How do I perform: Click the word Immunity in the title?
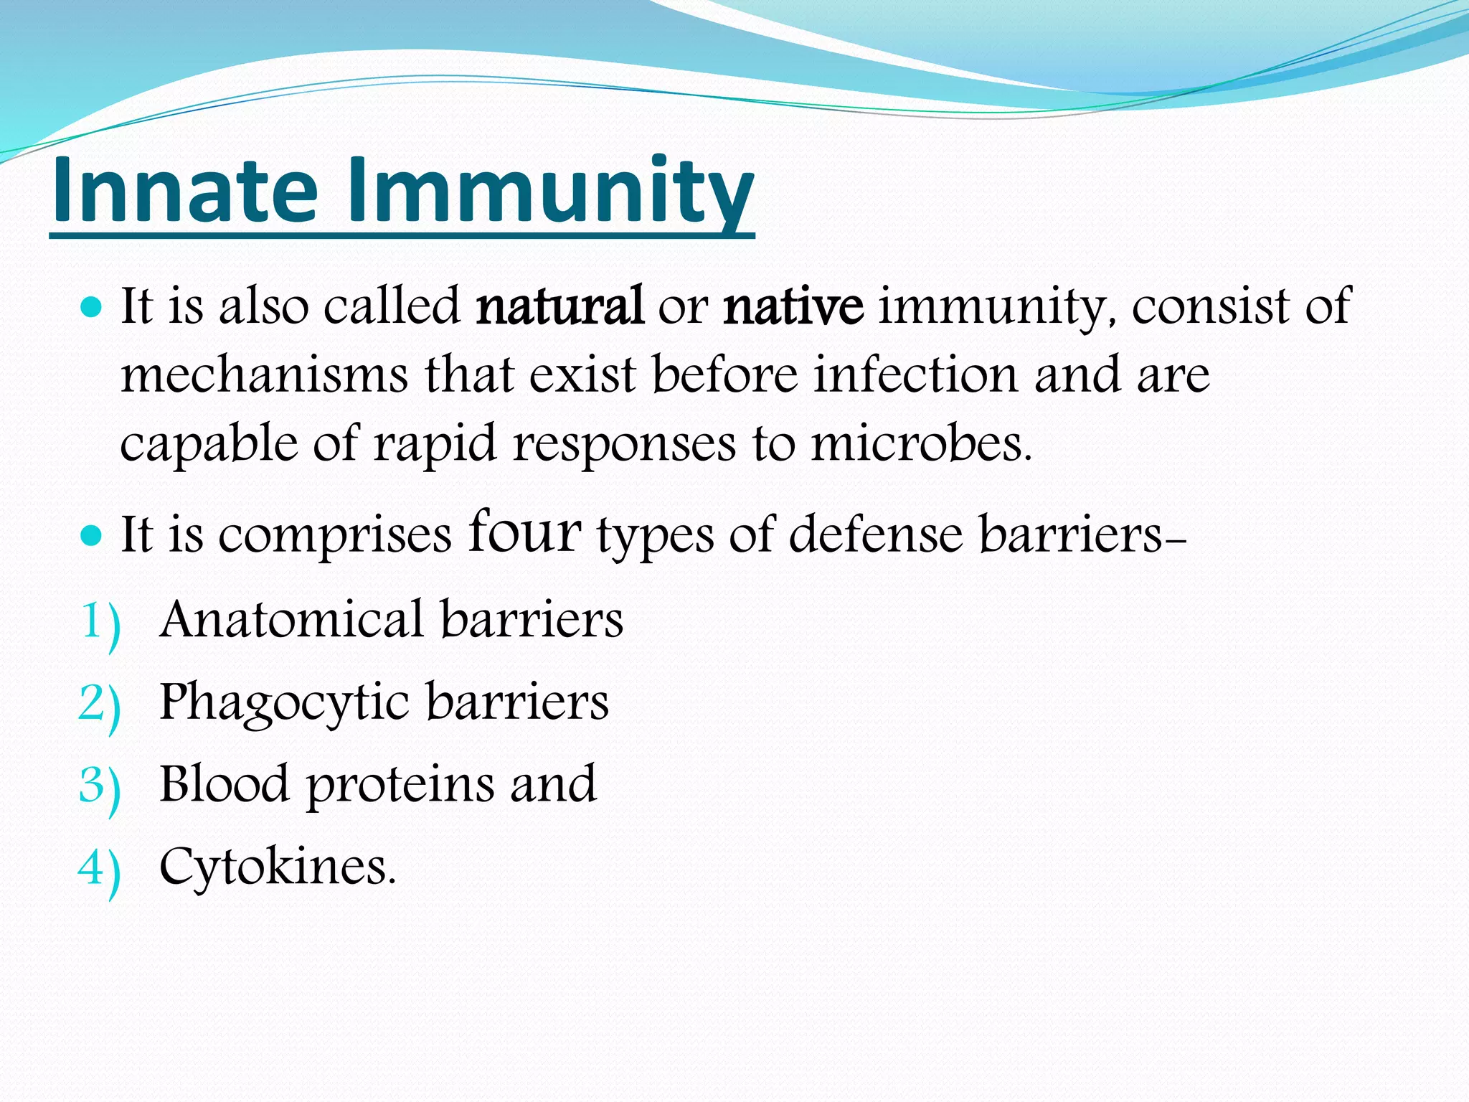coord(550,190)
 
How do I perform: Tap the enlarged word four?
coord(524,532)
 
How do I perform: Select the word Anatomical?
coord(291,620)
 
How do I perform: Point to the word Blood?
coord(224,784)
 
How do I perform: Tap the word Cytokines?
coord(277,867)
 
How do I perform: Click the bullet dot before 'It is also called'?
coord(92,309)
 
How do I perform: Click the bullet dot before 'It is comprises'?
coord(92,536)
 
